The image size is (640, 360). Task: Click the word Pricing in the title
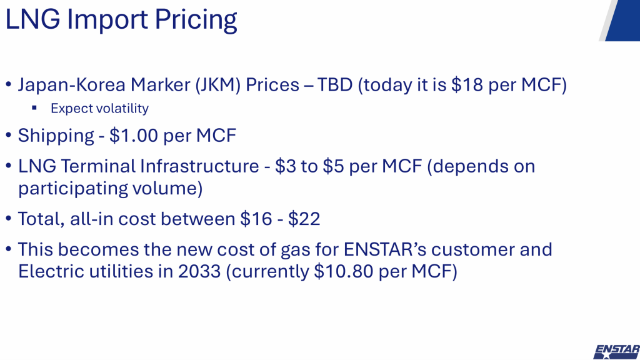pyautogui.click(x=196, y=19)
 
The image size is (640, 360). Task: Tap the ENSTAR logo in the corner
pyautogui.click(x=617, y=352)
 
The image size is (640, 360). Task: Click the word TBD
pyautogui.click(x=335, y=84)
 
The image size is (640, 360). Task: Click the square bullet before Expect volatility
pyautogui.click(x=34, y=108)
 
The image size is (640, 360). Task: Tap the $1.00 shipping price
pyautogui.click(x=134, y=136)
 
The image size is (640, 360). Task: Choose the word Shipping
pyautogui.click(x=56, y=136)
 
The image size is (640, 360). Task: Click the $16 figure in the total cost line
pyautogui.click(x=256, y=219)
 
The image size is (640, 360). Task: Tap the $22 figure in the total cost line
pyautogui.click(x=304, y=219)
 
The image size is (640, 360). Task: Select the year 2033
pyautogui.click(x=199, y=271)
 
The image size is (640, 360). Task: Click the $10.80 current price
pyautogui.click(x=344, y=271)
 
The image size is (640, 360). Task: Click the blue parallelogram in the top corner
pyautogui.click(x=622, y=21)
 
